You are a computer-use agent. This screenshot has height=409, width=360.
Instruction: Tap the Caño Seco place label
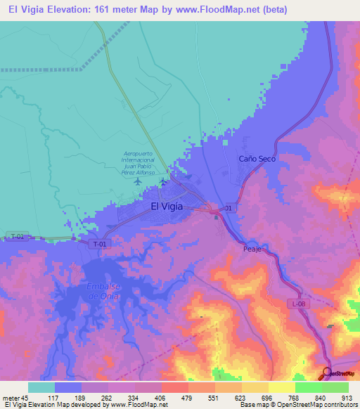(x=257, y=159)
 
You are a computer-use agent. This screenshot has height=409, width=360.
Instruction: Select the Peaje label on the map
(x=252, y=249)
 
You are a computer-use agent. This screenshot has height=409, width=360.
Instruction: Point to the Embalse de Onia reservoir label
(x=101, y=291)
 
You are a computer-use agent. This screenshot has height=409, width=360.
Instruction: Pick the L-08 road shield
(x=298, y=303)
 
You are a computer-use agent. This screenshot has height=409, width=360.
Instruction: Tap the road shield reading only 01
(x=228, y=209)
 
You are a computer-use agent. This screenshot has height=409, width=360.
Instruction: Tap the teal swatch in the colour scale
(x=41, y=387)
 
